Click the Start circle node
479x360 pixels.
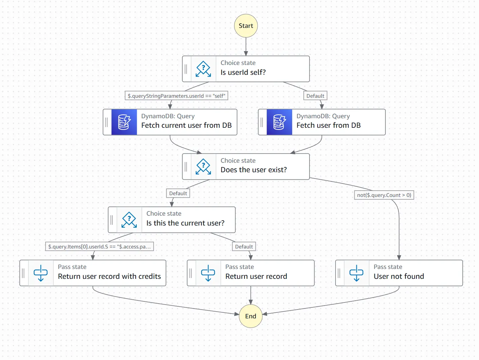pyautogui.click(x=246, y=26)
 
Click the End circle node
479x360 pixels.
pyautogui.click(x=250, y=316)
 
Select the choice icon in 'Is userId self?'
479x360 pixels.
pyautogui.click(x=203, y=69)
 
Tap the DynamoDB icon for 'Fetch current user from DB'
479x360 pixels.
pyautogui.click(x=124, y=122)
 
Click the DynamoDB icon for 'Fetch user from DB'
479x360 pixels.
pyautogui.click(x=279, y=122)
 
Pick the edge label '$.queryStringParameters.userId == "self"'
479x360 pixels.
pyautogui.click(x=176, y=96)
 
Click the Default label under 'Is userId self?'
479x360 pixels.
pyautogui.click(x=315, y=96)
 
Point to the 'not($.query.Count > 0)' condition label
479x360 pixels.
pyautogui.click(x=384, y=195)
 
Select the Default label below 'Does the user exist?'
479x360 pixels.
pyautogui.click(x=178, y=193)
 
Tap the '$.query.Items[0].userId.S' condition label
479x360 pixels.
pyautogui.click(x=99, y=246)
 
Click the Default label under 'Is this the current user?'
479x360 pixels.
pyautogui.click(x=244, y=246)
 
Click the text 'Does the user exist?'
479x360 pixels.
pyautogui.click(x=254, y=170)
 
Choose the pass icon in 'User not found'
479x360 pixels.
pyautogui.click(x=356, y=273)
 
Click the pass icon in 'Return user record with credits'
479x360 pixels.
pyautogui.click(x=41, y=273)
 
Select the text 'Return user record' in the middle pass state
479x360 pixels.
pyautogui.click(x=256, y=276)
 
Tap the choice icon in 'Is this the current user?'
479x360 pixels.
pyautogui.click(x=129, y=220)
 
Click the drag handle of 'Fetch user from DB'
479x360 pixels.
pyautogui.click(x=262, y=122)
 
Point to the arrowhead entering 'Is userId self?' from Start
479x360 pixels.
pyautogui.click(x=246, y=54)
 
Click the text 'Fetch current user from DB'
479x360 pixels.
pyautogui.click(x=186, y=125)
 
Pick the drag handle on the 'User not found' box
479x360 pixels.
pyautogui.click(x=339, y=273)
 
